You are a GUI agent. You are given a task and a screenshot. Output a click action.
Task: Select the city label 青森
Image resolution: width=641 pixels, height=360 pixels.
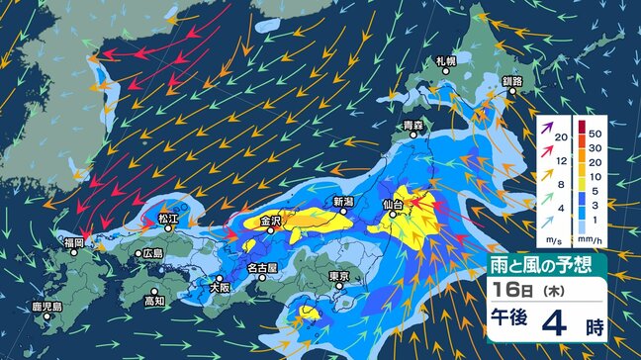click(413, 126)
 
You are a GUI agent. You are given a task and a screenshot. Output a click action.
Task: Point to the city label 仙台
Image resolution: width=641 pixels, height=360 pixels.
click(393, 205)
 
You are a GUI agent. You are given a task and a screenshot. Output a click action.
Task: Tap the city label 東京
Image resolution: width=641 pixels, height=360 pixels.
click(338, 276)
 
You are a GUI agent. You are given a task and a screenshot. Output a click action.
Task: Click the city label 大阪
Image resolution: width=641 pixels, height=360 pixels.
click(220, 287)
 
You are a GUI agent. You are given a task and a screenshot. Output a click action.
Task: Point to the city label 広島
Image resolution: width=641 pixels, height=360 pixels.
click(152, 253)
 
